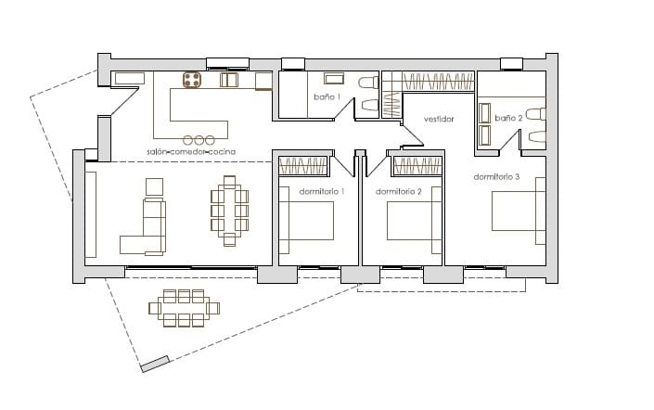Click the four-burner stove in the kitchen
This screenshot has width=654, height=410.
193,81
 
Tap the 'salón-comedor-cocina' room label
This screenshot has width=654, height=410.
190,150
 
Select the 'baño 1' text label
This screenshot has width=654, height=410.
327,96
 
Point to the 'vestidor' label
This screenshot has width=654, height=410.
439,119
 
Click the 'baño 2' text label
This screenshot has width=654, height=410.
508,118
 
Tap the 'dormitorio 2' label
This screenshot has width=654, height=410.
399,191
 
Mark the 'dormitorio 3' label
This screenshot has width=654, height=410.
496,176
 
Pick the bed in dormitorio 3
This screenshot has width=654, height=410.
516,211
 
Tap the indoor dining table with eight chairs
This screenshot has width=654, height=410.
229,211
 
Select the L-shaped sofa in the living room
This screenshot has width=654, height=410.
146,227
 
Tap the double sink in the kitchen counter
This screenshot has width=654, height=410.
229,81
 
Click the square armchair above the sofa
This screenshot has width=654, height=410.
154,186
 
